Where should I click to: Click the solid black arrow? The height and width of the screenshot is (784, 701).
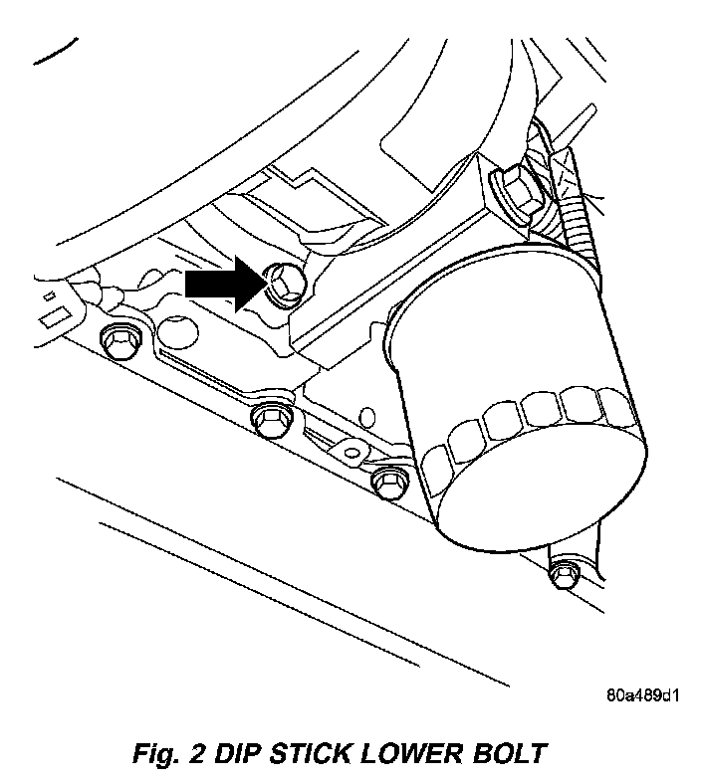coord(221,283)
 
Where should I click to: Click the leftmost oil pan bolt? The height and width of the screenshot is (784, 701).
coord(118,340)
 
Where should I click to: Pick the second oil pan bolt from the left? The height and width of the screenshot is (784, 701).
coord(269,418)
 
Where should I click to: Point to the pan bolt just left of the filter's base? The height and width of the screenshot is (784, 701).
coord(387,482)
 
